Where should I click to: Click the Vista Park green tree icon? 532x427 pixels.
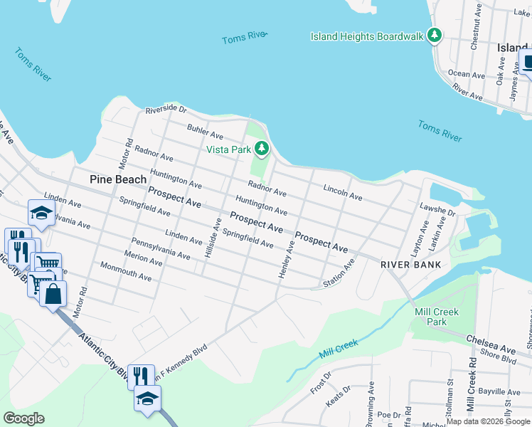(262, 149)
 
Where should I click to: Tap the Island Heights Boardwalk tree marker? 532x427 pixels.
(434, 36)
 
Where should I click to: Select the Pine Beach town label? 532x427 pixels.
(118, 179)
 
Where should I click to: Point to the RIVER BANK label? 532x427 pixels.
(411, 265)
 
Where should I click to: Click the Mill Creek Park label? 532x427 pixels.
(437, 317)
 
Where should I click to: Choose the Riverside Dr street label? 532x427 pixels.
(166, 110)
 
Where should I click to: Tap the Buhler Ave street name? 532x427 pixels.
(205, 132)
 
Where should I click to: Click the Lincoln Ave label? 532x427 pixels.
(342, 192)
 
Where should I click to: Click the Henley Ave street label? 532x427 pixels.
(285, 260)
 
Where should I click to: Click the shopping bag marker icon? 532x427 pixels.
(53, 293)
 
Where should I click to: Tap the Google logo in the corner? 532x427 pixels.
(23, 418)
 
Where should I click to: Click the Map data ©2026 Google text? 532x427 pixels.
(487, 421)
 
